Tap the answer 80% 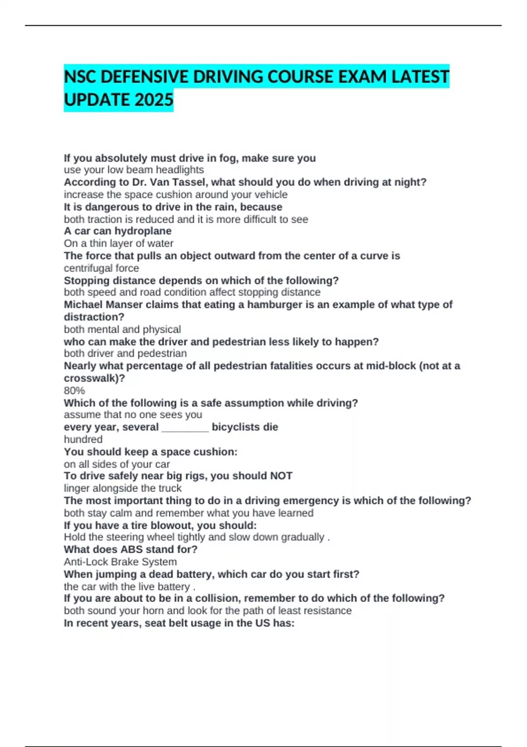pos(74,391)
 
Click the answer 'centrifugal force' pos(101,268)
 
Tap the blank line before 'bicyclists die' pos(185,428)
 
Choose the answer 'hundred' pos(83,439)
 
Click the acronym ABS pos(131,549)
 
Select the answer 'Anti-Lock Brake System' pos(120,562)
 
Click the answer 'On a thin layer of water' pos(119,243)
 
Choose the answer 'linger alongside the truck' pos(123,488)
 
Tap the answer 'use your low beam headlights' pos(134,170)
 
